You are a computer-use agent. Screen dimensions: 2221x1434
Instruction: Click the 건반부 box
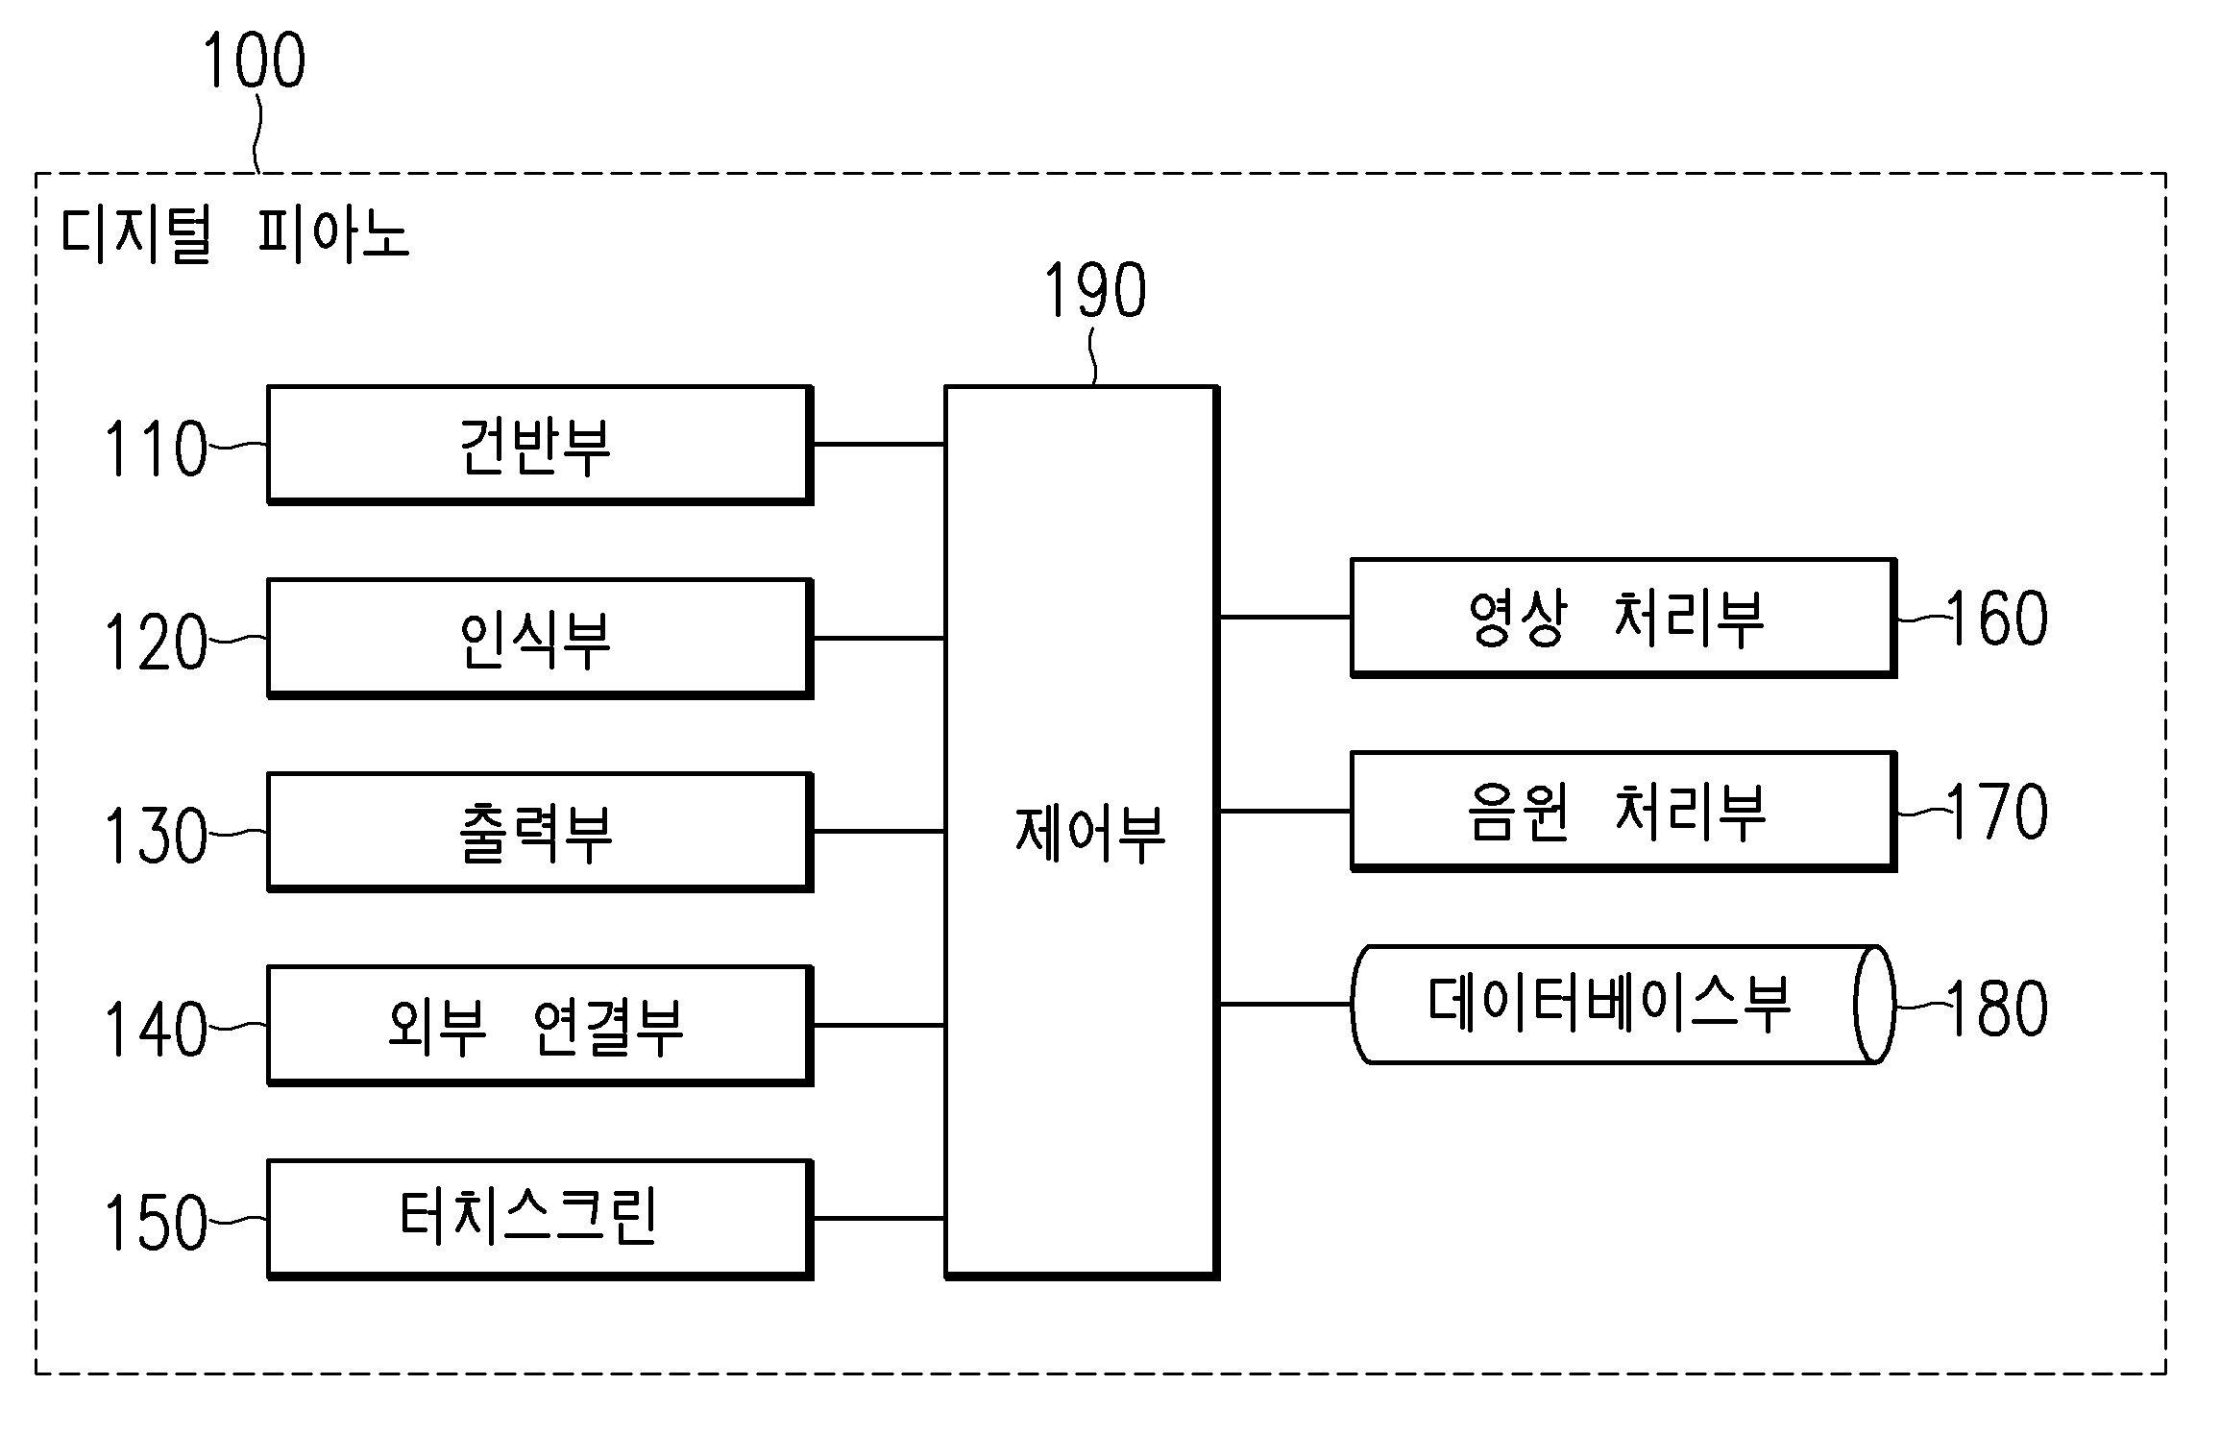click(540, 445)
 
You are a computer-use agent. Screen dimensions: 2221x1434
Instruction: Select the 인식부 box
click(540, 638)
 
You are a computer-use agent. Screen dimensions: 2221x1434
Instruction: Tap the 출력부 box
click(540, 832)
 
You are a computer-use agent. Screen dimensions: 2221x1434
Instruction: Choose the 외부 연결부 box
click(540, 1026)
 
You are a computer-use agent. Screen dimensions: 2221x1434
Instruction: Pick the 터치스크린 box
click(540, 1219)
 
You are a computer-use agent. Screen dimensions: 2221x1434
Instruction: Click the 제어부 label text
click(1089, 833)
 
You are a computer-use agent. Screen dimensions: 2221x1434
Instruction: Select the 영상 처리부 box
click(1623, 618)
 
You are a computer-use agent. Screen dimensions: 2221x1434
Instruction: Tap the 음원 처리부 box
click(1623, 812)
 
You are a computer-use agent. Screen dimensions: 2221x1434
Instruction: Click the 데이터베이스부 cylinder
click(1623, 1005)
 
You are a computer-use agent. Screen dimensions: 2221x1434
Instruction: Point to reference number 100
click(255, 61)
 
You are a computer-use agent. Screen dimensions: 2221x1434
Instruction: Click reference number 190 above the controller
click(1095, 290)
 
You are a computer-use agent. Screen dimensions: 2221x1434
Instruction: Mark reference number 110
click(156, 449)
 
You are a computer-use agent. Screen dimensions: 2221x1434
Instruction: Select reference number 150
click(156, 1223)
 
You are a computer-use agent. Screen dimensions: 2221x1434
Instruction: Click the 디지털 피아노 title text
click(235, 234)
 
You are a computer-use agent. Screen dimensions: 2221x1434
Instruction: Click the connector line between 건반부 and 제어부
click(879, 445)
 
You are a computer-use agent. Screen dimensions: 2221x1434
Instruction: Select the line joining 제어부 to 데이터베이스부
click(1285, 1005)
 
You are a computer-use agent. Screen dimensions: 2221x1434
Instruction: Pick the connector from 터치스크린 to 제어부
click(879, 1219)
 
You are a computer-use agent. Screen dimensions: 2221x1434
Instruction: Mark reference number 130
click(156, 836)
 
